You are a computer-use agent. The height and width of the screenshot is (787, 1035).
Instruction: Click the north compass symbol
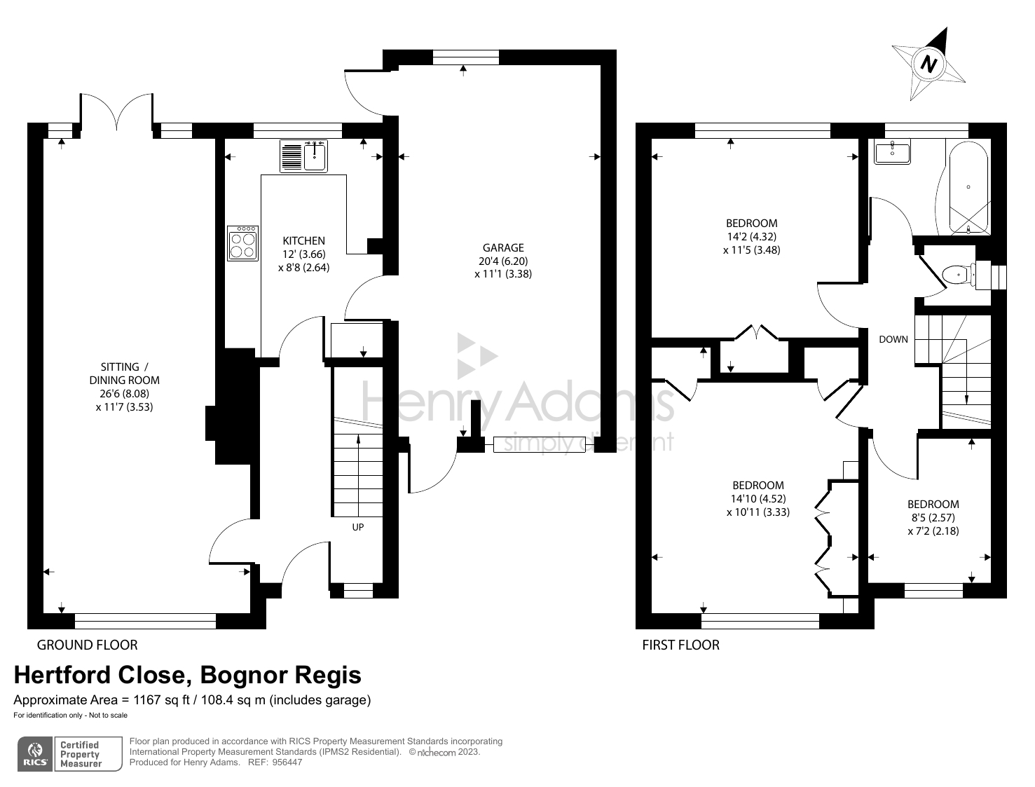point(929,64)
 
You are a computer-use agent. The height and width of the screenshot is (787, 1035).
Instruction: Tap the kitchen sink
point(304,156)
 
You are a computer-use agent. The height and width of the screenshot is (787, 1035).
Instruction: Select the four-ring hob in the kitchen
point(242,243)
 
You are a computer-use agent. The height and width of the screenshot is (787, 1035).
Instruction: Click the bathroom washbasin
point(892,151)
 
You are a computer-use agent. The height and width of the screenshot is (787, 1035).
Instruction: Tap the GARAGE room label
point(502,247)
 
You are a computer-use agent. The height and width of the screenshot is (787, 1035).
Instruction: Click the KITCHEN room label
point(303,240)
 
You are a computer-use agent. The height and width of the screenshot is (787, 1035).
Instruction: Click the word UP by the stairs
point(357,527)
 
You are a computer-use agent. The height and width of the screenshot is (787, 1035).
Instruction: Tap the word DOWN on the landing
point(893,339)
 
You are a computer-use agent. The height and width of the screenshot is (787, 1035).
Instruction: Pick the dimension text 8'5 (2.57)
point(933,517)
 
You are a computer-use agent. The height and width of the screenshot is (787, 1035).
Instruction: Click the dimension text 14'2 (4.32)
point(751,237)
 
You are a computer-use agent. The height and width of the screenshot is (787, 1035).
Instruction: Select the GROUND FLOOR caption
point(87,645)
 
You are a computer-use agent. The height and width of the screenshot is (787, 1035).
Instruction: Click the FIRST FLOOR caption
point(680,645)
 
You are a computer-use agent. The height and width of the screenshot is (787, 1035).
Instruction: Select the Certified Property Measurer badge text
point(81,754)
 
